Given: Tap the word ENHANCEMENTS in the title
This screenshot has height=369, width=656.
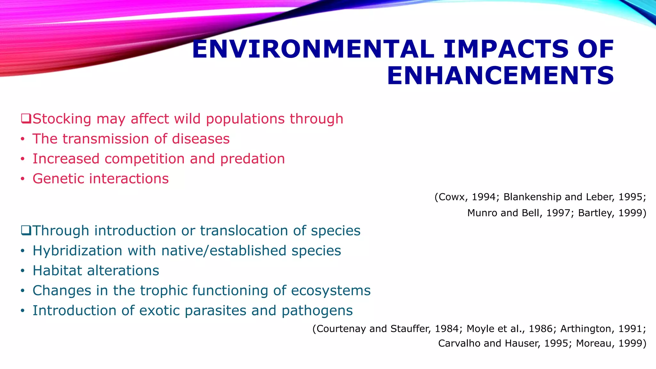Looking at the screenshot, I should point(500,76).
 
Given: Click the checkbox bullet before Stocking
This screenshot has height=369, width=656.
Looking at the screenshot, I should point(26,119).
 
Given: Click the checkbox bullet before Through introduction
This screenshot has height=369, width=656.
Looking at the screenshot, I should point(26,230).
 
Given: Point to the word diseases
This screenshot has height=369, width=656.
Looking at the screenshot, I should point(201,139).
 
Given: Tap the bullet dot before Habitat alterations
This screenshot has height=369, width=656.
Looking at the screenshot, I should point(22,271).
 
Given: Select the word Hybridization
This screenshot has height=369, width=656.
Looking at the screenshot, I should point(77,250).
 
